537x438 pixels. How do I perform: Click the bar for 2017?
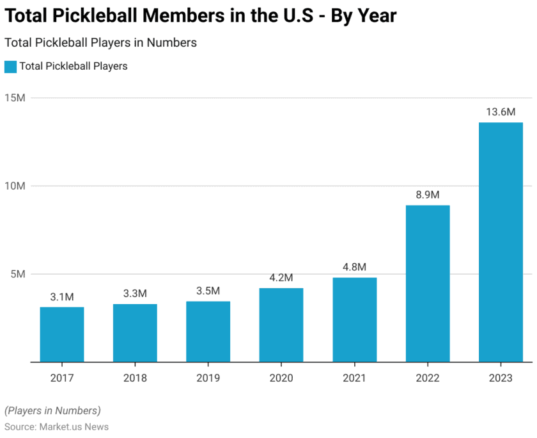pos(62,334)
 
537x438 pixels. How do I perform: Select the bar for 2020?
pos(281,325)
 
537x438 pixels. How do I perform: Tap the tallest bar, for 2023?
pos(501,242)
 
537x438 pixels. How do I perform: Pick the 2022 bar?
pos(428,284)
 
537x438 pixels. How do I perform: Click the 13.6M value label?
pos(501,112)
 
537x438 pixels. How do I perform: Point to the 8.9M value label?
pos(428,195)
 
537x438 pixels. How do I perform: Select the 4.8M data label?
pos(354,267)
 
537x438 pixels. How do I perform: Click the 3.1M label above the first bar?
pos(62,297)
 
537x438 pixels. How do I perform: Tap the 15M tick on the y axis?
pos(15,98)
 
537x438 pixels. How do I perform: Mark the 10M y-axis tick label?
pos(15,186)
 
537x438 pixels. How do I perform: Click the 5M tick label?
pos(17,274)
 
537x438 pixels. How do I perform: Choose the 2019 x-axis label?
pos(208,378)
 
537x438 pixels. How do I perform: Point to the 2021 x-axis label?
pos(354,378)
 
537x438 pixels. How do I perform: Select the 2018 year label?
pos(135,378)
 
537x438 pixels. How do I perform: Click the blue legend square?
pos(10,66)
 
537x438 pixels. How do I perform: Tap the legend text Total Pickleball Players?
pos(74,66)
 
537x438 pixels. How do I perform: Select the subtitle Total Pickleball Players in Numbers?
pos(100,43)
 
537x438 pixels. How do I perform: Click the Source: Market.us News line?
pos(56,426)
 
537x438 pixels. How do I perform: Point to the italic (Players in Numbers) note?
pos(52,410)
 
